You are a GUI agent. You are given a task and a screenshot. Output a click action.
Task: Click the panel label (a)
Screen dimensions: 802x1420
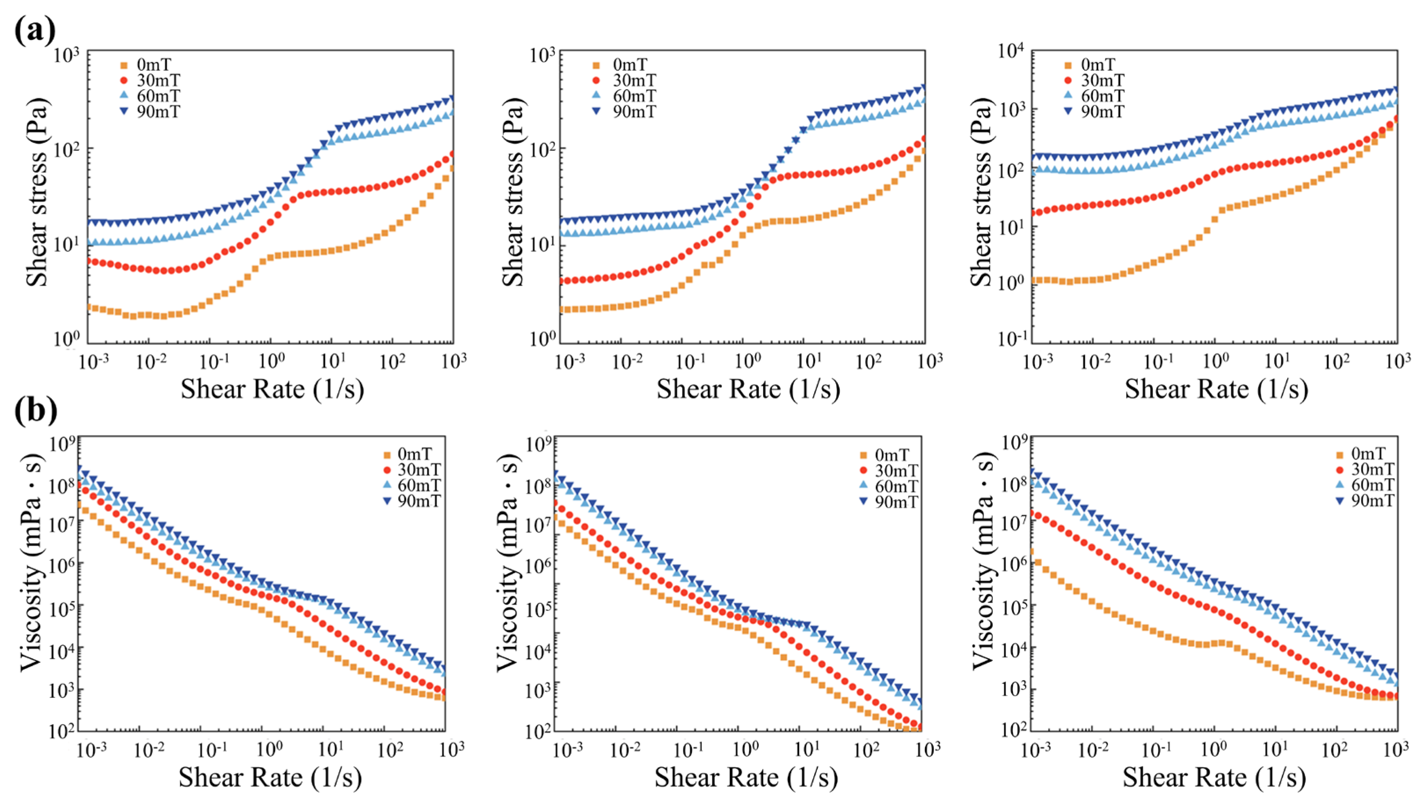click(34, 31)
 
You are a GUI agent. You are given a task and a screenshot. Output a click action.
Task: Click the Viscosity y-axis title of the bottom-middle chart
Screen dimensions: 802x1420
click(510, 562)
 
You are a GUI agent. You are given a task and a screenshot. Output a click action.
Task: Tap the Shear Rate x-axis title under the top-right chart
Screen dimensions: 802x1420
click(1216, 389)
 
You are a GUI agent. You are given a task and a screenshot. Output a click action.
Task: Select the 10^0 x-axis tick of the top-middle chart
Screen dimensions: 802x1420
click(748, 362)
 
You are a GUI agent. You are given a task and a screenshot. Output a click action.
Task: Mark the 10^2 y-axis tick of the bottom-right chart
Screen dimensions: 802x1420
click(1012, 730)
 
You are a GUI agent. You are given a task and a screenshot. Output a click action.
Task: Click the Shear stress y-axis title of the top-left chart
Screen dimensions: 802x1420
click(37, 193)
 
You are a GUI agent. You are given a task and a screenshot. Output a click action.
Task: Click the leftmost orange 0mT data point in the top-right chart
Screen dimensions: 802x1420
click(1034, 280)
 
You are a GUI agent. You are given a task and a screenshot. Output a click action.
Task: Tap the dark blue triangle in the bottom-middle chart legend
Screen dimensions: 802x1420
click(864, 501)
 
